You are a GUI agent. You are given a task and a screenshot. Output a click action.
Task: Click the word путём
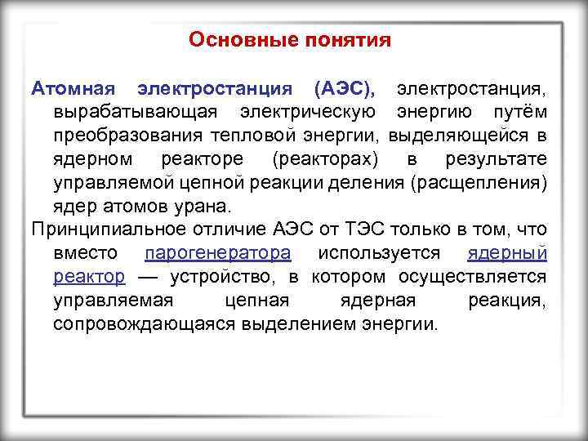pyautogui.click(x=518, y=110)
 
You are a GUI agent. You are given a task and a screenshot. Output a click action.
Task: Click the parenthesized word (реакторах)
pyautogui.click(x=322, y=158)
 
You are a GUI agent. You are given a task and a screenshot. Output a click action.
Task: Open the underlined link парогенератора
pyautogui.click(x=216, y=252)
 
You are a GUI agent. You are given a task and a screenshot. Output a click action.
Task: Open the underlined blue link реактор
pyautogui.click(x=89, y=276)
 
